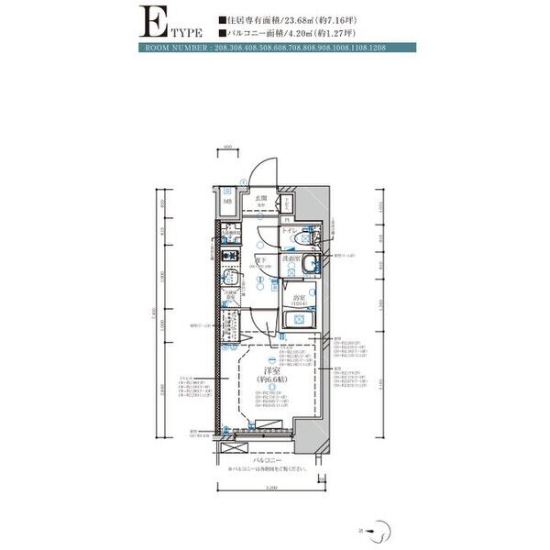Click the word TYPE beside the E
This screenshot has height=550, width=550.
pyautogui.click(x=181, y=31)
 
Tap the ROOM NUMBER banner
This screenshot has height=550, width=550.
pyautogui.click(x=275, y=47)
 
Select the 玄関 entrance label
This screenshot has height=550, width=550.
pyautogui.click(x=261, y=198)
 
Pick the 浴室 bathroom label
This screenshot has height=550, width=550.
pyautogui.click(x=299, y=298)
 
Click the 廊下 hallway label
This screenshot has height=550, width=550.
pyautogui.click(x=261, y=259)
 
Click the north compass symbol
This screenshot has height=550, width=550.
pyautogui.click(x=387, y=527)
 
